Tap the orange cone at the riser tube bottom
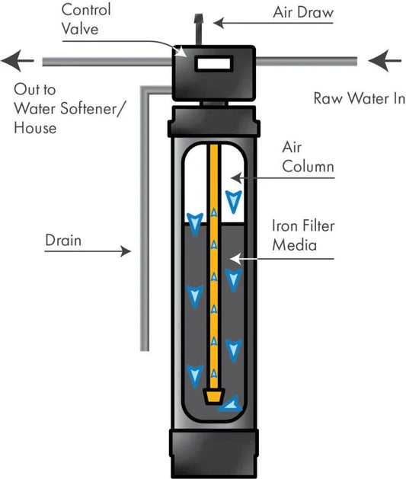click(214, 396)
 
